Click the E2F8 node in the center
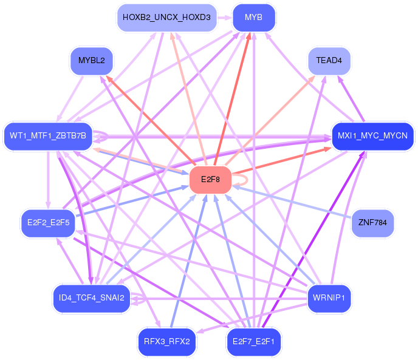[x=210, y=180]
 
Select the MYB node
[x=253, y=18]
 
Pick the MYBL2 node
[x=92, y=61]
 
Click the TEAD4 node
[x=329, y=61]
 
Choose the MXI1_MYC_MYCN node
[x=372, y=135]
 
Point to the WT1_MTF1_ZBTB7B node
[x=48, y=135]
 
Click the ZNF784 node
[x=372, y=222]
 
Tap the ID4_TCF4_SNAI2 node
[x=92, y=298]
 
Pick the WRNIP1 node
[x=329, y=298]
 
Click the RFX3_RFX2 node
[x=167, y=342]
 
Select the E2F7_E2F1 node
[x=253, y=342]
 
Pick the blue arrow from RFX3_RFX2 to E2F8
[x=188, y=261]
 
